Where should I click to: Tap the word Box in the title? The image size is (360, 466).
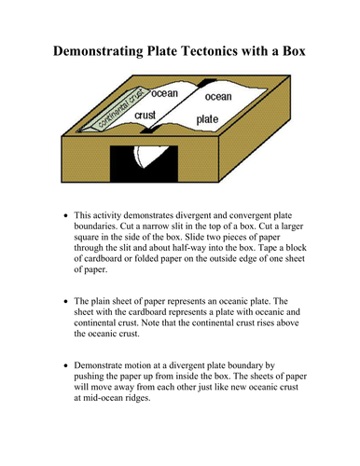point(294,50)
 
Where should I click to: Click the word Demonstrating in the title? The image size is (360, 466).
point(98,51)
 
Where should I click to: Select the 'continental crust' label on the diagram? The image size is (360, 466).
point(120,108)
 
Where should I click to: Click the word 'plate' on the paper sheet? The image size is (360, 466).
point(207,119)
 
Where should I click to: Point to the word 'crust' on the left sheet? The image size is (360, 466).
point(145,116)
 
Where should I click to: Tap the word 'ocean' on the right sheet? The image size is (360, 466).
point(218,97)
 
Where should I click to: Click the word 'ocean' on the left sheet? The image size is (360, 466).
point(164,93)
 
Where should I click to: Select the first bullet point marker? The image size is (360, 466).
point(65,215)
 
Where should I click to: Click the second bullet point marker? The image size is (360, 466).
point(65,301)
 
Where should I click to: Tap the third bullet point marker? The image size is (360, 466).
point(65,365)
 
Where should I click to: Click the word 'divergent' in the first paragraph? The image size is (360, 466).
point(193,215)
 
